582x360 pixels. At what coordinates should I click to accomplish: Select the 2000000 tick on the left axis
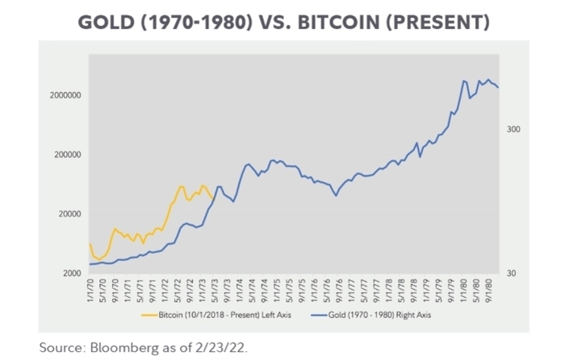pos(64,96)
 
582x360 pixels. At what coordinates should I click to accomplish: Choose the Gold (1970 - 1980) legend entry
pos(380,315)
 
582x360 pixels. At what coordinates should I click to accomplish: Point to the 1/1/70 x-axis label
pos(90,287)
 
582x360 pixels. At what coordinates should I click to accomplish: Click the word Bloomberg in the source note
pos(119,347)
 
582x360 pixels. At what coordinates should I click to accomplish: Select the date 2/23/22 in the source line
pos(228,347)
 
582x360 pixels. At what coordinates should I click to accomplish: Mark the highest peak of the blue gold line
pos(488,79)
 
